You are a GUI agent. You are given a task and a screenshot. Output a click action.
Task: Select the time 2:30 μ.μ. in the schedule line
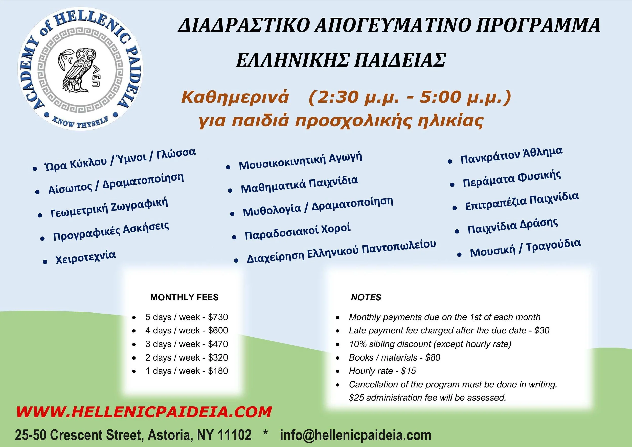coord(353,97)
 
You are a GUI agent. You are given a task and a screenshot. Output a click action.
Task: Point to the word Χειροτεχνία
coord(86,257)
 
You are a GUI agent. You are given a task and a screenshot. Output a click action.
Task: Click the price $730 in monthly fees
coord(218,317)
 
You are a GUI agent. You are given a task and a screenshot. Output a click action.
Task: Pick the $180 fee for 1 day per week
coord(218,371)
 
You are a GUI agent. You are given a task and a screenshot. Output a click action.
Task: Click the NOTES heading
coord(366,297)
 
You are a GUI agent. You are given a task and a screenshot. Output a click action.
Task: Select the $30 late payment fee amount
coord(542,330)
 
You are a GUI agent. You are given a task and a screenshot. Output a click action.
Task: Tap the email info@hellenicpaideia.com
coord(356,435)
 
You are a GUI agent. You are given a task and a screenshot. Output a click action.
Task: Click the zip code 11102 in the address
coord(234,435)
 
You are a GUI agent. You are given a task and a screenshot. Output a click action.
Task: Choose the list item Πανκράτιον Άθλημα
coord(511,155)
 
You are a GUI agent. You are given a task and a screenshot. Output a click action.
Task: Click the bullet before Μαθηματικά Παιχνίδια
coord(230,190)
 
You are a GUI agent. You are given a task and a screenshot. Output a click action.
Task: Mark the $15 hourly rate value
coord(409,371)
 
